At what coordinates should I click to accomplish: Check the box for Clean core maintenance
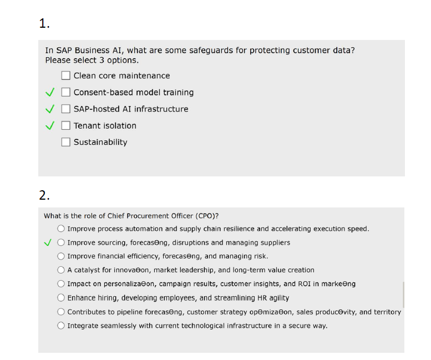tap(66, 75)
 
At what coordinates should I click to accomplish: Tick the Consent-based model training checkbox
tap(66, 92)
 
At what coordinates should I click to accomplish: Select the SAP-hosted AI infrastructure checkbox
tap(66, 109)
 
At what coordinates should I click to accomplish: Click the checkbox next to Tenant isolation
tap(66, 125)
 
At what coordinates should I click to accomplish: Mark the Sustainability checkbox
tap(66, 142)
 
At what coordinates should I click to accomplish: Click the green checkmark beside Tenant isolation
tap(49, 125)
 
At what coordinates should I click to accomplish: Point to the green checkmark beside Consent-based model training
tap(49, 92)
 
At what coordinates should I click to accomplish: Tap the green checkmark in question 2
tap(48, 242)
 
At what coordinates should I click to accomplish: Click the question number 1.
tap(44, 23)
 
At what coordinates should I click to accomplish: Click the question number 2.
tap(44, 195)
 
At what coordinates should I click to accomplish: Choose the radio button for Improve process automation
tap(61, 229)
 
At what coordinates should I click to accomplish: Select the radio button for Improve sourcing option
tap(61, 242)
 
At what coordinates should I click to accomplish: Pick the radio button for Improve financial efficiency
tap(61, 256)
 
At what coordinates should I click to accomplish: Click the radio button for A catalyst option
tap(61, 270)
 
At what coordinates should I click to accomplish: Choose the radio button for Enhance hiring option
tap(61, 298)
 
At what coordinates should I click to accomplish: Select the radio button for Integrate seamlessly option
tap(61, 326)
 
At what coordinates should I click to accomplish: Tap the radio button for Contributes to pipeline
tap(61, 312)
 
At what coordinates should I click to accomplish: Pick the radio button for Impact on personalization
tap(61, 284)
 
